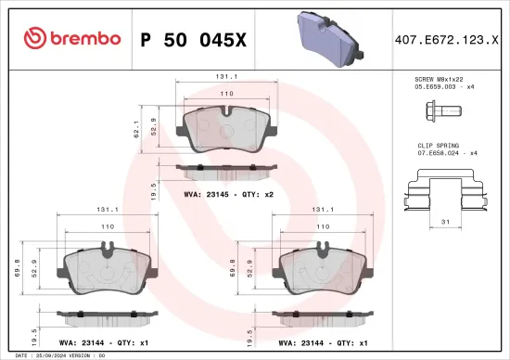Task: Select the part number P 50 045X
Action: pyautogui.click(x=193, y=39)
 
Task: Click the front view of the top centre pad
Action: pyautogui.click(x=227, y=126)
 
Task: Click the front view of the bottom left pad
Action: pyautogui.click(x=108, y=270)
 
